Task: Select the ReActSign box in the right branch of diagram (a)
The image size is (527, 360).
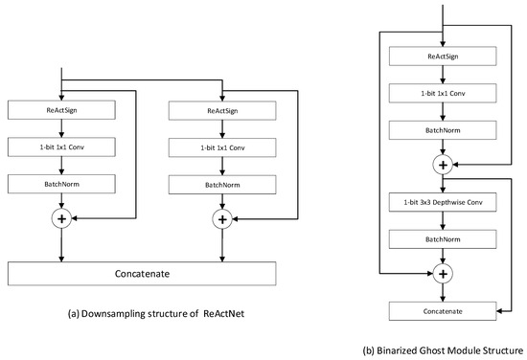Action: point(222,110)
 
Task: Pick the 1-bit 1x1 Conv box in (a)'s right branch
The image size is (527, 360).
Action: point(222,146)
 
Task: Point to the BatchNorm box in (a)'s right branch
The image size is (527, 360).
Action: point(222,182)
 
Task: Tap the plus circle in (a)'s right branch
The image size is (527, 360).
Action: point(222,218)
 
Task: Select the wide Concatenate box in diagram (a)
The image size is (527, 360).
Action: point(142,272)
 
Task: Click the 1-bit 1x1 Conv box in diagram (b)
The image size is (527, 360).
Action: point(441,95)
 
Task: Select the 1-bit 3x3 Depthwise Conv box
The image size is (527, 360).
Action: point(441,202)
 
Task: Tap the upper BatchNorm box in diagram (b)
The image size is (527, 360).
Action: point(441,131)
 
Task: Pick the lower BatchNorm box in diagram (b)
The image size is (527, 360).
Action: point(441,238)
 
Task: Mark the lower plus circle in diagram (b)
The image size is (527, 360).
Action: point(441,274)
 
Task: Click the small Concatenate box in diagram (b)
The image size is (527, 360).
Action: point(441,310)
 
